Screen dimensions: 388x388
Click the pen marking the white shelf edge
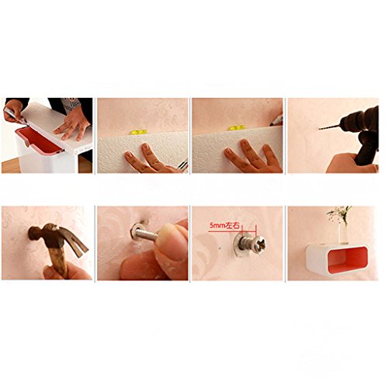click(16, 116)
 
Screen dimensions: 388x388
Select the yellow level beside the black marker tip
click(237, 128)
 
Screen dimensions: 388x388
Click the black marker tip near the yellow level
click(277, 121)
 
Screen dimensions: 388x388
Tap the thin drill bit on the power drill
click(329, 127)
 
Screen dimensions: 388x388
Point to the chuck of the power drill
click(349, 122)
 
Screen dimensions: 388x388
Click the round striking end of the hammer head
click(34, 233)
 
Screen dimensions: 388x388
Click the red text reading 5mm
click(217, 226)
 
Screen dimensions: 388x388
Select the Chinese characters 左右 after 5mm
click(233, 226)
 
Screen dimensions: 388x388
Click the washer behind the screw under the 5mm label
click(237, 244)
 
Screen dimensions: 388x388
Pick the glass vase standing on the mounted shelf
click(344, 233)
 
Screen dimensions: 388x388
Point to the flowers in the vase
click(339, 213)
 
